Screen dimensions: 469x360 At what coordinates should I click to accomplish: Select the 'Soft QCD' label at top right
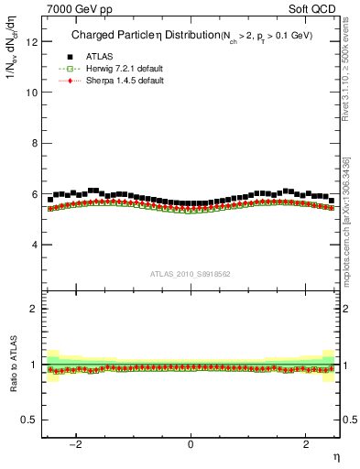tap(313, 8)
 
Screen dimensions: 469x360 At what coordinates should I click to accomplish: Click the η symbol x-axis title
tap(335, 457)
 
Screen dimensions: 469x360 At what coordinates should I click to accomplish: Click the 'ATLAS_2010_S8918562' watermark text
tap(190, 274)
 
